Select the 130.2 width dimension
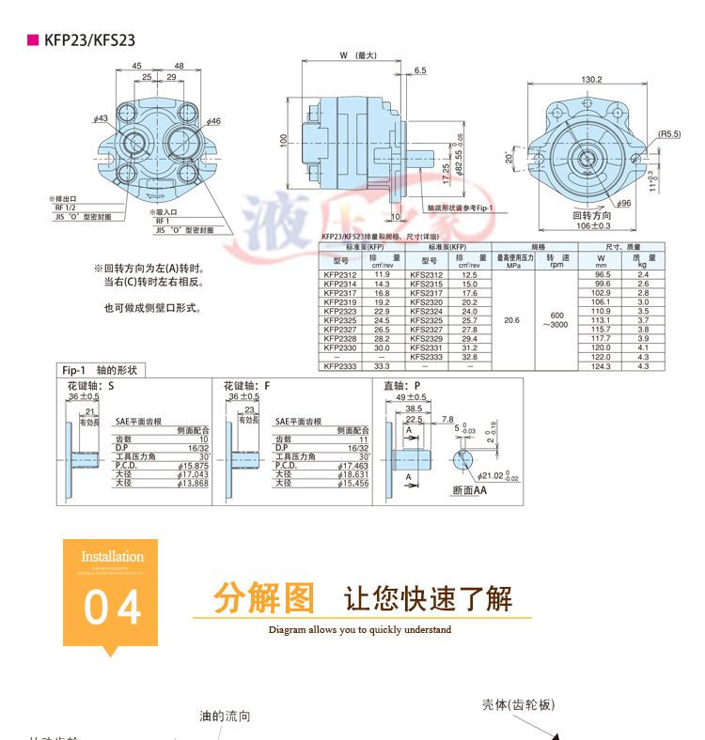[x=591, y=80]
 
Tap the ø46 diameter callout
[x=213, y=121]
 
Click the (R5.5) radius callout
[x=668, y=134]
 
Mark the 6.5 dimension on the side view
[x=419, y=70]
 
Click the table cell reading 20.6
[x=512, y=320]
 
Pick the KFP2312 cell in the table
[x=339, y=274]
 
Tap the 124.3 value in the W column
[x=602, y=366]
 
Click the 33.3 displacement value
[x=382, y=366]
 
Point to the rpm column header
[x=556, y=265]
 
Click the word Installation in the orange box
[x=112, y=557]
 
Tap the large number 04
[x=113, y=608]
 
